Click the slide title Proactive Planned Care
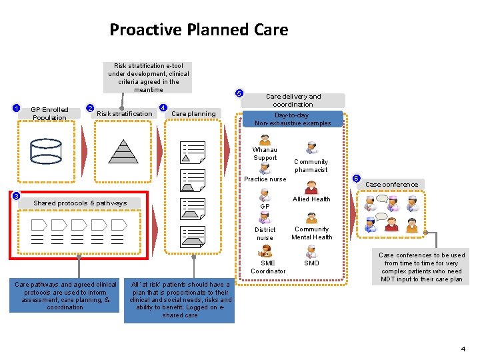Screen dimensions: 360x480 click(199, 30)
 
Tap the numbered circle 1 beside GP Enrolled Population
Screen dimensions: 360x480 click(17, 108)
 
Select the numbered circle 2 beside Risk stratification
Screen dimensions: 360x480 click(91, 108)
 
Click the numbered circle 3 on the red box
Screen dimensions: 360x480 click(16, 196)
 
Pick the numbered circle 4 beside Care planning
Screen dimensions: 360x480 click(163, 108)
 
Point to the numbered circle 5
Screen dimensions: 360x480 click(240, 93)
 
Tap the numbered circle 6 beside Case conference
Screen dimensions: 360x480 click(357, 179)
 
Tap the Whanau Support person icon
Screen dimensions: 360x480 click(265, 140)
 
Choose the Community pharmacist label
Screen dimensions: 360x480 click(311, 165)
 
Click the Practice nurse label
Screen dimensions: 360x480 click(265, 179)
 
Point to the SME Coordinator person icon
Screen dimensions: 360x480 click(265, 251)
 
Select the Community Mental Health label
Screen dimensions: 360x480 click(311, 233)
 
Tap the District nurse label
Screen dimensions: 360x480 click(265, 233)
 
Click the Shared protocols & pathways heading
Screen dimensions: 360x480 click(80, 203)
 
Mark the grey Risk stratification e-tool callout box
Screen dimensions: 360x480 click(149, 77)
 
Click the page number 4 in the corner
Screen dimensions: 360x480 click(463, 349)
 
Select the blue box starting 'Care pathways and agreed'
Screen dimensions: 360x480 click(65, 295)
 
